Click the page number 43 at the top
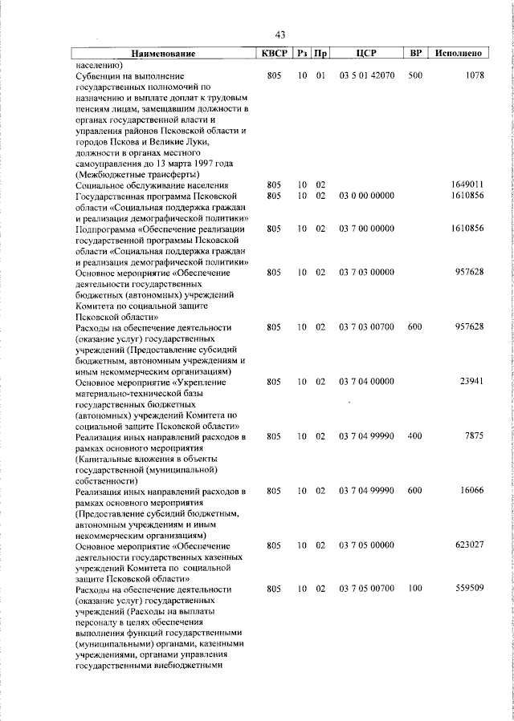[x=280, y=34]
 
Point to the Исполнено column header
[x=459, y=54]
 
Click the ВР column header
[x=415, y=54]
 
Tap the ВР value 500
[x=415, y=75]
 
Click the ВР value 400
[x=415, y=436]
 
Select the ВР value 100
[x=415, y=589]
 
